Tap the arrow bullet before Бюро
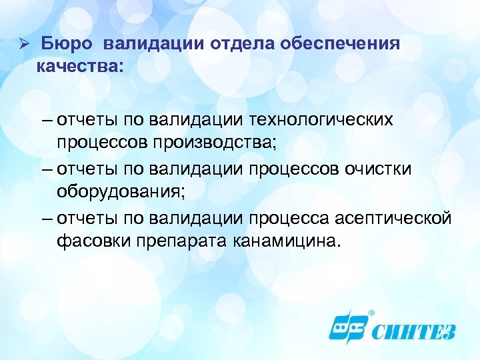21,45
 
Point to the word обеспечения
341,45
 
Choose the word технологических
321,121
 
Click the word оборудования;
118,190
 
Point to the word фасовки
88,239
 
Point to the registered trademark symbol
371,311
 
